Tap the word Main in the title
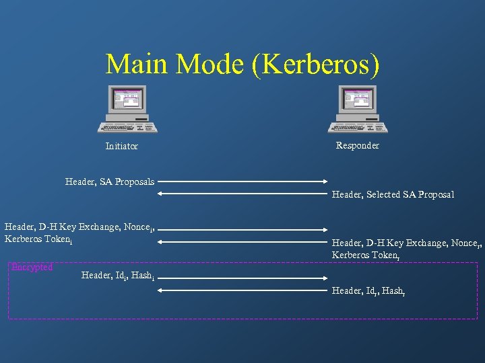137,65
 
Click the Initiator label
122,146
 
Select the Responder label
358,145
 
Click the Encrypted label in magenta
32,268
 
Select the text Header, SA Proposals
110,182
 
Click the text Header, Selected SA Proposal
393,194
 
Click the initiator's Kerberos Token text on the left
38,239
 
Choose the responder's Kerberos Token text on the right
366,255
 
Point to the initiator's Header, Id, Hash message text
118,275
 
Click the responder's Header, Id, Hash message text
368,290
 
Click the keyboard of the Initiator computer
127,126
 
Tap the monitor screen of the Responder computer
358,99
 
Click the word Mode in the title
213,65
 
